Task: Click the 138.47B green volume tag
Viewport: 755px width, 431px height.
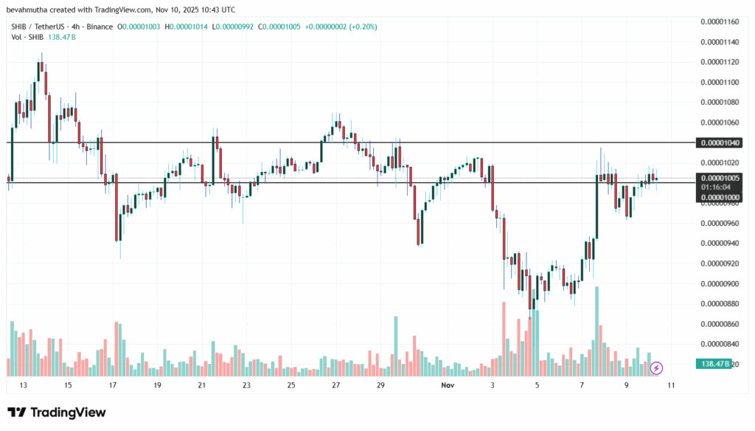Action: tap(713, 364)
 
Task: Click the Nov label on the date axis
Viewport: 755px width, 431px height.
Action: tap(448, 385)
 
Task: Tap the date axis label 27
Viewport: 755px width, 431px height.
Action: tap(335, 385)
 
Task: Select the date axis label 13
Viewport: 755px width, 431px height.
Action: tap(24, 385)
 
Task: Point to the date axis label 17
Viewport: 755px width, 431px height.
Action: tap(113, 385)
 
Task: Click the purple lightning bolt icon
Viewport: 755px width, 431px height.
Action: tap(656, 367)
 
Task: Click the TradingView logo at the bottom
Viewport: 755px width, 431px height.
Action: tap(57, 413)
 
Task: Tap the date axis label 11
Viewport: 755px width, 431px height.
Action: tap(672, 385)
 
